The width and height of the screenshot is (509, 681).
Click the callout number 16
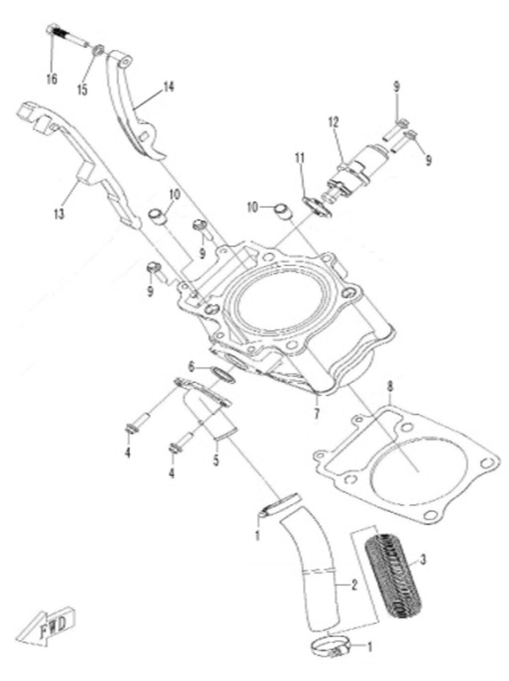coord(51,79)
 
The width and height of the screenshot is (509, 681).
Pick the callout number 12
coord(333,121)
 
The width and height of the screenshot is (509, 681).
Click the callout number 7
coord(317,413)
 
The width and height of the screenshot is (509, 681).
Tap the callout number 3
coord(423,560)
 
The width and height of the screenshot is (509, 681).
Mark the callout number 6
coord(191,367)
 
